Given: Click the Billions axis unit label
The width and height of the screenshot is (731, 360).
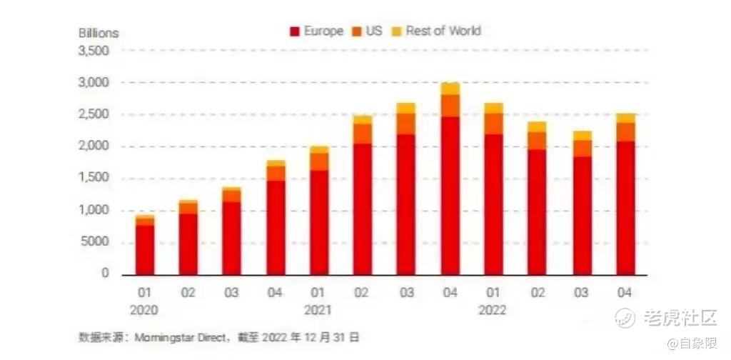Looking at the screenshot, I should pos(99,33).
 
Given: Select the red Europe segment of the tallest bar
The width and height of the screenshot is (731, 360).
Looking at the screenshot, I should pos(450,196).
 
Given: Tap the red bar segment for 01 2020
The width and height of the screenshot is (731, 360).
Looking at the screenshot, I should pos(145,249).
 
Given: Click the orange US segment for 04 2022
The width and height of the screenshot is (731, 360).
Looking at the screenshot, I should pos(625,131).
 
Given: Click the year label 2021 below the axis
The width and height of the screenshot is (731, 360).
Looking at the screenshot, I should pos(318,311).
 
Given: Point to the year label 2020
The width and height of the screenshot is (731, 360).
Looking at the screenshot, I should pos(145,311).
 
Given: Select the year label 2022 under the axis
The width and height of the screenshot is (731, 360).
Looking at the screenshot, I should pos(493,311).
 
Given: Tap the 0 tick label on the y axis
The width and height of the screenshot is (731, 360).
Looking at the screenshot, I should pos(105,274).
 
